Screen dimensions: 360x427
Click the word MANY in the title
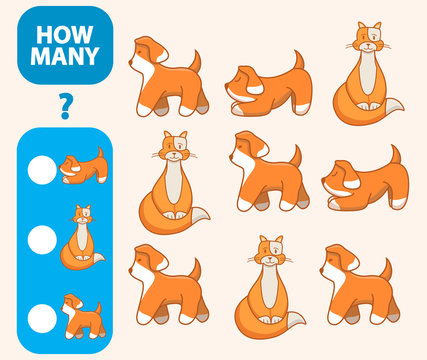pos(65,56)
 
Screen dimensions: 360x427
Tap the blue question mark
pos(66,104)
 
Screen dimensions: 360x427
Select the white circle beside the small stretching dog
pos(42,171)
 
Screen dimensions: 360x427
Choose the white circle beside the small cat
pos(42,239)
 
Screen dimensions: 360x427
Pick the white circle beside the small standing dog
pos(42,317)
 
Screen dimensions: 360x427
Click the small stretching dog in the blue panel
pos(82,166)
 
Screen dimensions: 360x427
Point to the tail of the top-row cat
pos(394,108)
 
